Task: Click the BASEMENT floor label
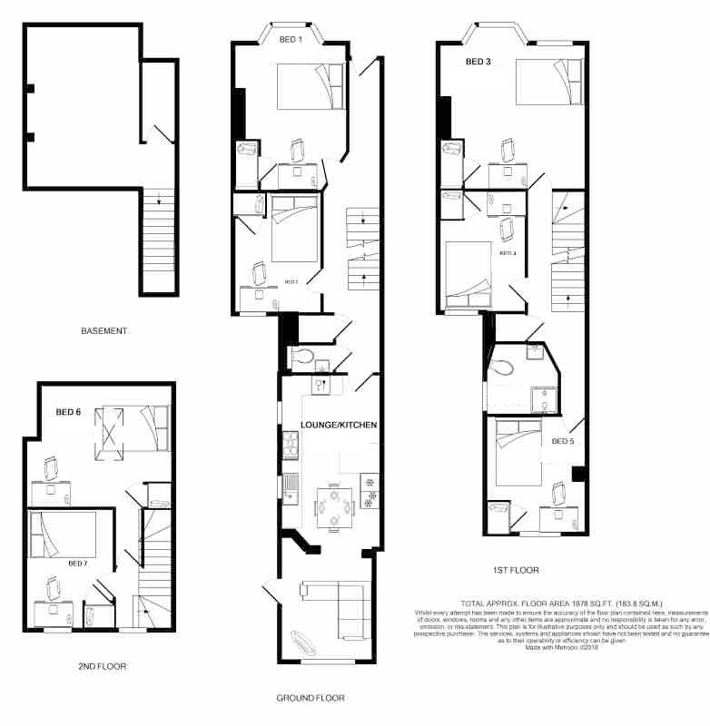(104, 331)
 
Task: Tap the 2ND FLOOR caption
(102, 666)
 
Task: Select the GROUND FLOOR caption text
(310, 699)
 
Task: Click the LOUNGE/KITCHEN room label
(339, 425)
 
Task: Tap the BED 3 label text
(478, 63)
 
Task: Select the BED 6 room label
(68, 412)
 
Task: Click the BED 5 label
(563, 442)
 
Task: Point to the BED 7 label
(79, 563)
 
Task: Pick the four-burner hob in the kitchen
(291, 445)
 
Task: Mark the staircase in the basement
(158, 240)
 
